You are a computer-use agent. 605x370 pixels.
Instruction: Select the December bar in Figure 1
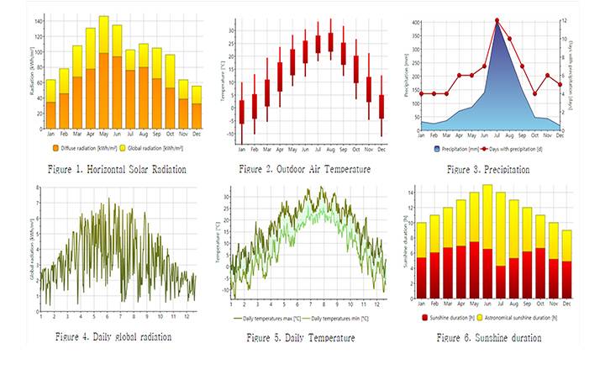[196, 106]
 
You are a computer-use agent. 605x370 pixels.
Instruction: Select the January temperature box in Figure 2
[242, 111]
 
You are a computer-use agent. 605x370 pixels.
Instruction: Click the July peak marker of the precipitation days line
[497, 21]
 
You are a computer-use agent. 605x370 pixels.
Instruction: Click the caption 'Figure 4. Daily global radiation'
[113, 336]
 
